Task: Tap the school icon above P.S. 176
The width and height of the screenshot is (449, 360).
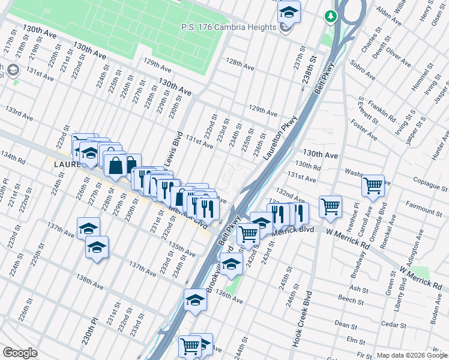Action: coord(289,12)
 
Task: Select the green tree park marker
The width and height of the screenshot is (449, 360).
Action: coord(330,17)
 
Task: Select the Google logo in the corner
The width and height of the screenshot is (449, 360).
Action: coord(20,353)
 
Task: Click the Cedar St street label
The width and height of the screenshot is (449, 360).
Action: coord(395,325)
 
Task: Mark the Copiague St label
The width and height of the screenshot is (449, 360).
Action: coord(423,180)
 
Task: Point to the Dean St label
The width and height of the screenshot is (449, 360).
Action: coord(346,324)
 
